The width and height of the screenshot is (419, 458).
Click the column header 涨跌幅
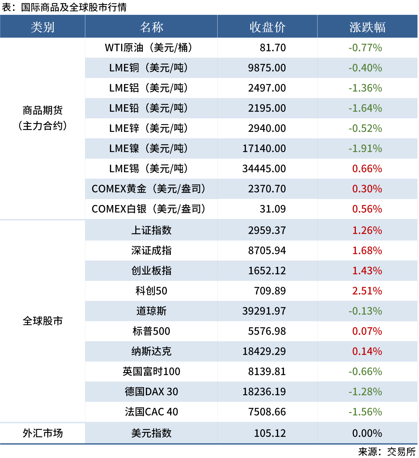point(367,27)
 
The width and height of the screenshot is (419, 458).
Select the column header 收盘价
point(267,27)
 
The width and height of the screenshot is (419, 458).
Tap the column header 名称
point(151,27)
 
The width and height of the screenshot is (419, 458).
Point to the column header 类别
point(42,27)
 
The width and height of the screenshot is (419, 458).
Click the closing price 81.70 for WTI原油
point(272,48)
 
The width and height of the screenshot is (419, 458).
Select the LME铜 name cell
point(148,68)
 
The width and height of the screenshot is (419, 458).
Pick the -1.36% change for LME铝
point(365,88)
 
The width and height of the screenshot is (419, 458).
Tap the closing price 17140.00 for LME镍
point(264,149)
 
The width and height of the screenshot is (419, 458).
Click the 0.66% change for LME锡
point(367,169)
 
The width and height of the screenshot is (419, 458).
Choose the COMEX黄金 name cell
point(148,189)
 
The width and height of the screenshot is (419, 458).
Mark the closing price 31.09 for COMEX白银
point(272,209)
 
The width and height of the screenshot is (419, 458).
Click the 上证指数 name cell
point(151,230)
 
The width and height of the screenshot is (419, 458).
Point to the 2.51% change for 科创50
point(367,291)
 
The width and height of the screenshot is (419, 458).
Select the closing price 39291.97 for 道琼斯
point(264,311)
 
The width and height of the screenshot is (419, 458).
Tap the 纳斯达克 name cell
point(151,352)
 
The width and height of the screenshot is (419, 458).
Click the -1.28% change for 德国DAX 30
point(365,392)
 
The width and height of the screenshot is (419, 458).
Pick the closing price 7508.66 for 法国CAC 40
point(267,412)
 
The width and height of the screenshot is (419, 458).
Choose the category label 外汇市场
point(42,433)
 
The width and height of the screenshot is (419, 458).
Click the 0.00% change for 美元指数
point(367,434)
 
